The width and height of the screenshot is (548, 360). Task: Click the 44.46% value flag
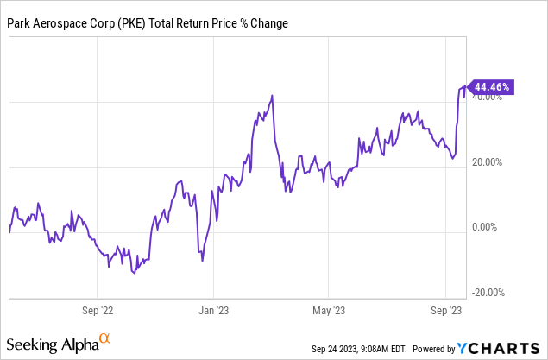pyautogui.click(x=492, y=86)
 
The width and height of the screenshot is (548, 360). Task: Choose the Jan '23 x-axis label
pyautogui.click(x=213, y=309)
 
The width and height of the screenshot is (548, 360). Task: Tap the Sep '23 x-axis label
pyautogui.click(x=446, y=309)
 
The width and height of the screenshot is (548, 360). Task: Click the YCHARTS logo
pyautogui.click(x=501, y=348)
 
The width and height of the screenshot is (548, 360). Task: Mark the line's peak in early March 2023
pyautogui.click(x=273, y=95)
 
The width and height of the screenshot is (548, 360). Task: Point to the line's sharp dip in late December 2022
pyautogui.click(x=202, y=261)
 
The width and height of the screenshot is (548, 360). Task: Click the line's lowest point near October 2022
pyautogui.click(x=133, y=274)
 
